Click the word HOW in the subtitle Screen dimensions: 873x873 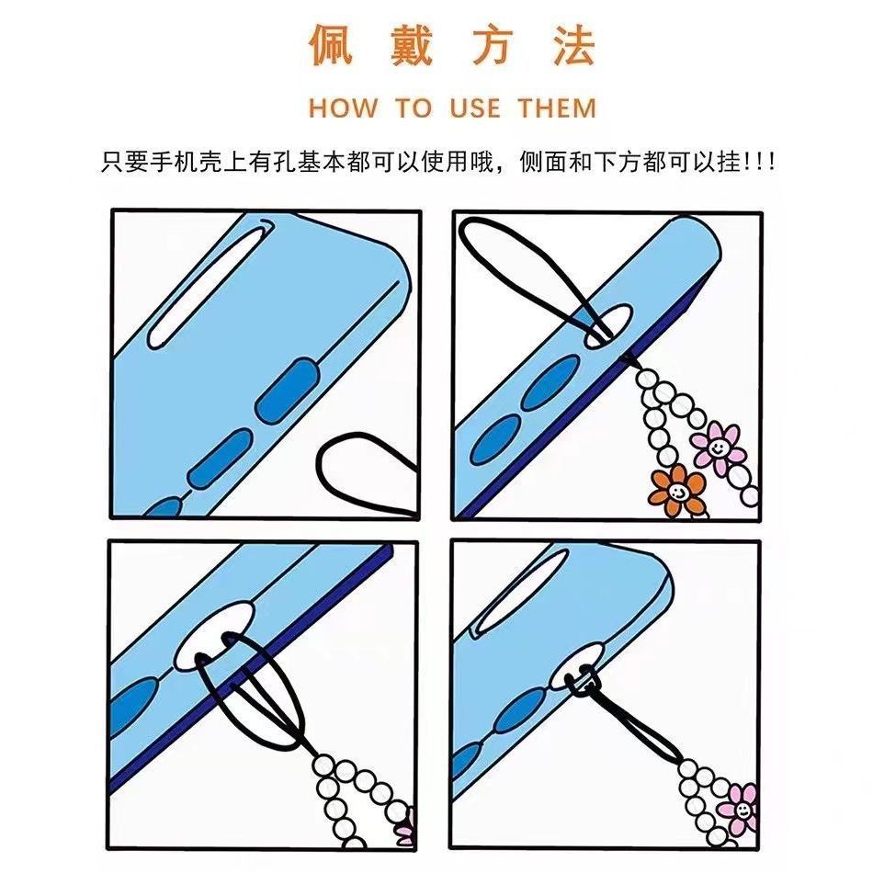[x=343, y=108]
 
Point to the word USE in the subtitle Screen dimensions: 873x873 [x=475, y=108]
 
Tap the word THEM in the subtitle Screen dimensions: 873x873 [x=557, y=108]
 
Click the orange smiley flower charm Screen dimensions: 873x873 [x=677, y=491]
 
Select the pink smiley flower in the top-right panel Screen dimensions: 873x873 [x=718, y=446]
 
